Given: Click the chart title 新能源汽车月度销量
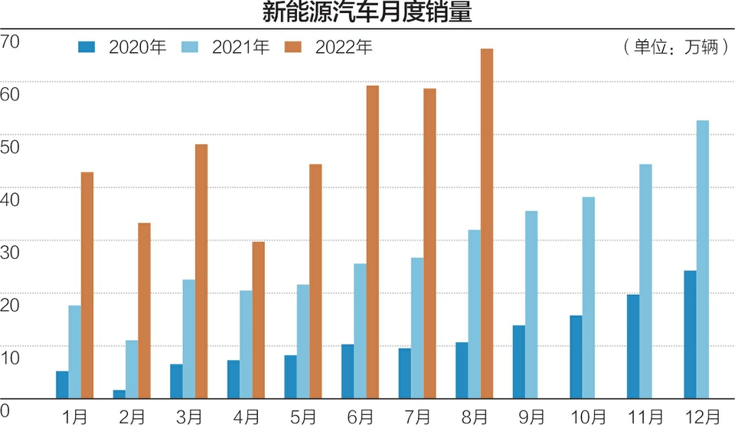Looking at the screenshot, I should click(367, 13).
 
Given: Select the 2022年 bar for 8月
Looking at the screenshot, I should click(487, 223).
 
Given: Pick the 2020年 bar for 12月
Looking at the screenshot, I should click(690, 334).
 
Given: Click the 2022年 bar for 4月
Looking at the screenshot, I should click(259, 319).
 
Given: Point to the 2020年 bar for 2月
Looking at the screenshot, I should click(119, 394).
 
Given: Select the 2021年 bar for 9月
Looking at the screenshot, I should click(531, 304).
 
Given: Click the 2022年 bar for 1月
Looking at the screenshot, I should click(87, 285).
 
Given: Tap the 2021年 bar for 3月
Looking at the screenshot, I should click(188, 338).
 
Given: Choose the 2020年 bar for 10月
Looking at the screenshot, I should click(576, 356).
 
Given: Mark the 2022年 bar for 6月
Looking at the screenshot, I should click(373, 241).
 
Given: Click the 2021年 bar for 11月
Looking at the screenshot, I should click(645, 281).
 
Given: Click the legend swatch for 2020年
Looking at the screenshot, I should click(88, 47).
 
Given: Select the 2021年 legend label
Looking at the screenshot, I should click(240, 47).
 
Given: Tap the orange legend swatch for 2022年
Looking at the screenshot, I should click(295, 47).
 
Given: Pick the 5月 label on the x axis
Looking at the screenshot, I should click(303, 416).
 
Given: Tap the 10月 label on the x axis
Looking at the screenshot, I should click(587, 416).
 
